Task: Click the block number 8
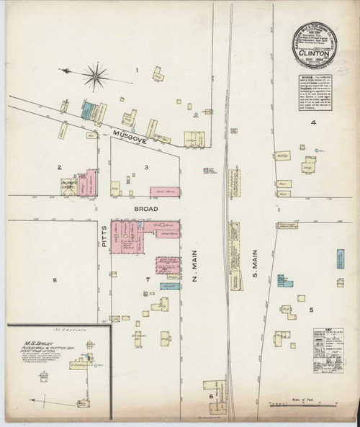[x=53, y=280]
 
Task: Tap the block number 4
[x=312, y=122]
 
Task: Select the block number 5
[x=311, y=310]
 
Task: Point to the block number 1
[x=136, y=71]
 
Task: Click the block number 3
[x=146, y=167]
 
